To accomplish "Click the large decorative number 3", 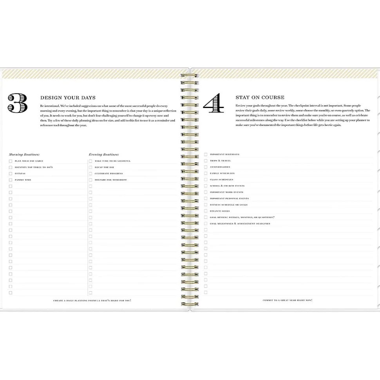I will [18, 103].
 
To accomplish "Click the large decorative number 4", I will [214, 103].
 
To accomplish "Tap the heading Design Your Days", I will [68, 98].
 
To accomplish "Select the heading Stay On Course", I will [260, 97].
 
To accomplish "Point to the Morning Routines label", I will [24, 155].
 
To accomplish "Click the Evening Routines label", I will [104, 155].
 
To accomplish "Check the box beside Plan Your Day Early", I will [11, 161].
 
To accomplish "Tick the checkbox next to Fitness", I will [11, 174].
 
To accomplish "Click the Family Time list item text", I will [23, 180].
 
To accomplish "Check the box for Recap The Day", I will [90, 167].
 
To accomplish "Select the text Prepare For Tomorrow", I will [110, 180].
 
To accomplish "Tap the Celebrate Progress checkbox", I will [90, 174].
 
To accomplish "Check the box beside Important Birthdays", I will [206, 155].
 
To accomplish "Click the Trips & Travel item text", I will [220, 161].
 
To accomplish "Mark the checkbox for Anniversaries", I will [206, 167].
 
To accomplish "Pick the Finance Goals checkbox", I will [206, 211].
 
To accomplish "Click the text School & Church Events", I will [227, 186].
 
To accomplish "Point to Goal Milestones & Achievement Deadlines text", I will [240, 224].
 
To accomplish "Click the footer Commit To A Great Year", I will [288, 300].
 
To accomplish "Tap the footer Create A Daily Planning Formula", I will [92, 301].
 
